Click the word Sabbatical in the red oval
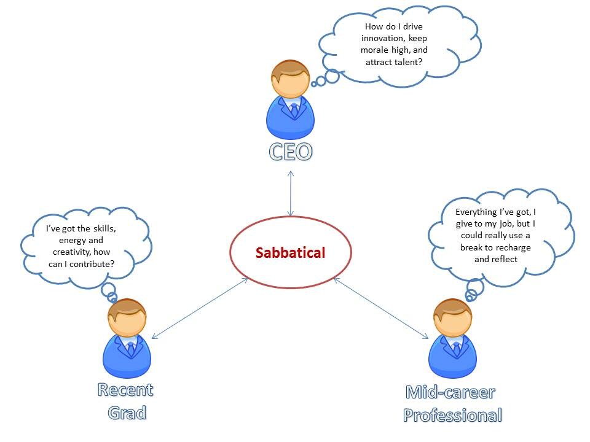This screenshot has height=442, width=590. (290, 252)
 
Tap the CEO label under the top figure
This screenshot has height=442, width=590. (291, 152)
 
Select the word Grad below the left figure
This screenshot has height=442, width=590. (127, 413)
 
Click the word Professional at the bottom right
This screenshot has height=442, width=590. (453, 416)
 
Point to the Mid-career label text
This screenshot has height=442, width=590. (450, 392)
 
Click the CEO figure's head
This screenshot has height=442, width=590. (290, 79)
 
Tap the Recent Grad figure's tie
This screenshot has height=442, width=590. (130, 349)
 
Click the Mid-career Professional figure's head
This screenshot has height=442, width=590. (453, 317)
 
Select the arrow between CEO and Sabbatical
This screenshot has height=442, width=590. (291, 193)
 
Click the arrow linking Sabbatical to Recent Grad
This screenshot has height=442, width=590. (200, 308)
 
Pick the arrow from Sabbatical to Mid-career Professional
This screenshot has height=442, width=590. (381, 308)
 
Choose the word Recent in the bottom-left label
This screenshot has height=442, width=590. (125, 390)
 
